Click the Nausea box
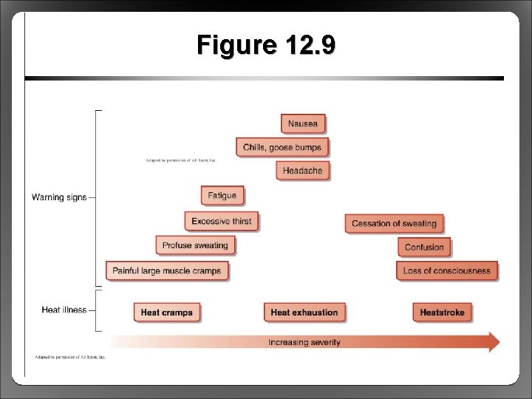coord(303,123)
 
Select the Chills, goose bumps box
coord(282,147)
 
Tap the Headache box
coord(303,171)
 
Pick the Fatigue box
coord(222,196)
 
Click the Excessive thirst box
coord(222,221)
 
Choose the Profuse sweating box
coord(195,245)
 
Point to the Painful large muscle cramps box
coord(167,271)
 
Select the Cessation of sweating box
coord(394,223)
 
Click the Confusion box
coord(424,247)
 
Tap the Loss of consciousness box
coord(447,271)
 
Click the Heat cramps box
coord(166,313)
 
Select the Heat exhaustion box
coord(304,313)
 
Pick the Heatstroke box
coord(442,313)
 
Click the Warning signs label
coord(59,197)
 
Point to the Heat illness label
coord(64,310)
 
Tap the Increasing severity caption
coord(304,342)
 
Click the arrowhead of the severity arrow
coord(493,341)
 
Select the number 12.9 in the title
coord(308,46)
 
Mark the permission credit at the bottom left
coord(71,357)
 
